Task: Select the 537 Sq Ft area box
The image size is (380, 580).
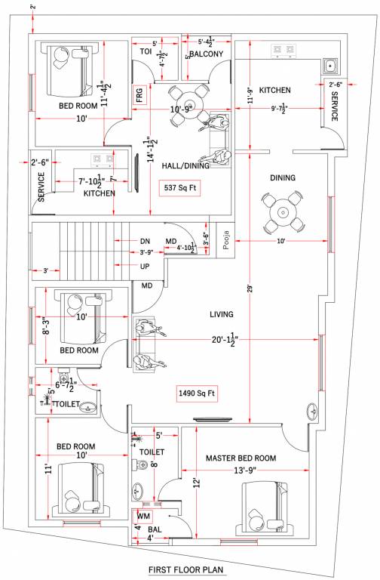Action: coord(180,187)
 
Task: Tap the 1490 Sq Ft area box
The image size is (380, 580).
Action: coord(197,393)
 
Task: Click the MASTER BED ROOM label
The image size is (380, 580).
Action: coord(241,458)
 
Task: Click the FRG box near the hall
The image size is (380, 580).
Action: coord(139,95)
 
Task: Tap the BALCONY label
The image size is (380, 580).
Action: coord(206,54)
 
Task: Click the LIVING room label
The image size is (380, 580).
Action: coord(221,313)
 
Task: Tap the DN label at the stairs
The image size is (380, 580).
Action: coord(145,241)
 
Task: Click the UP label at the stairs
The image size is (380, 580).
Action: coord(145,267)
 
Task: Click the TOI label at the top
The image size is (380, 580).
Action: coord(146,51)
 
